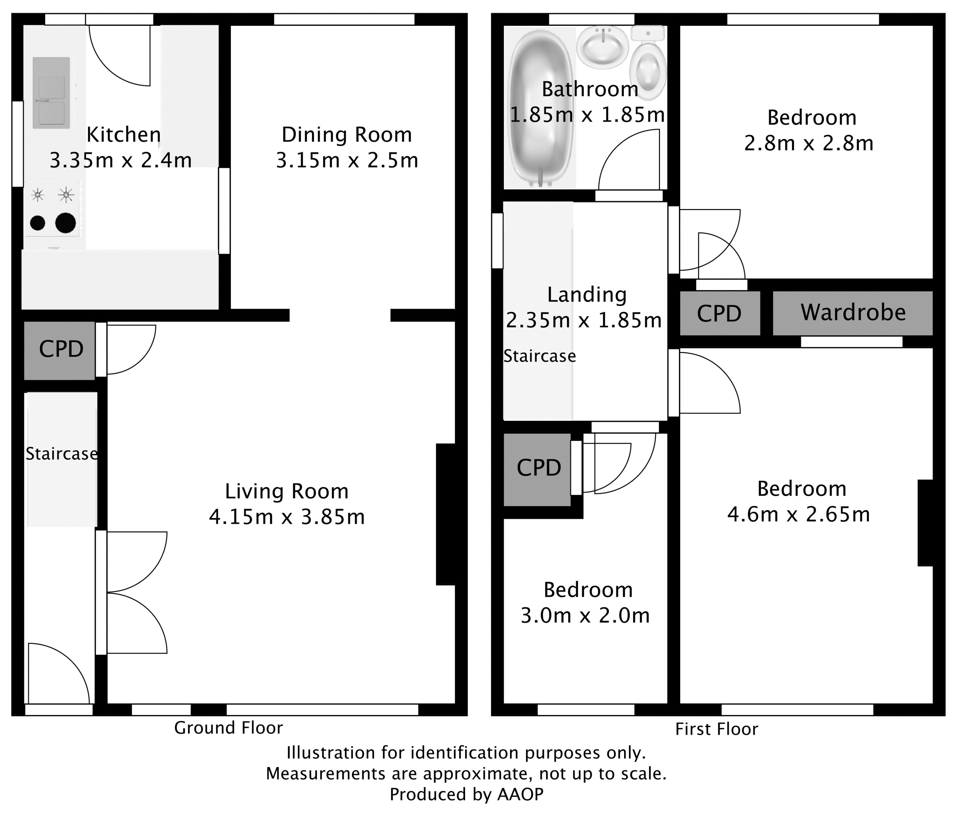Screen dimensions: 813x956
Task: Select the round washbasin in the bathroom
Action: pyautogui.click(x=602, y=47)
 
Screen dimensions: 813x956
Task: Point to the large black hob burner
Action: pyautogui.click(x=65, y=223)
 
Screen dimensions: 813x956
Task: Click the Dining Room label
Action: pyautogui.click(x=346, y=135)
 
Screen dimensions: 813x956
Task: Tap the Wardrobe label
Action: pyautogui.click(x=853, y=313)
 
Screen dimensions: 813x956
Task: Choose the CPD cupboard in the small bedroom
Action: pyautogui.click(x=538, y=468)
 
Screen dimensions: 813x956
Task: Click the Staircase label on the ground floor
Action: pyautogui.click(x=61, y=454)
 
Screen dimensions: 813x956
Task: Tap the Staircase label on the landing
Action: pyautogui.click(x=539, y=356)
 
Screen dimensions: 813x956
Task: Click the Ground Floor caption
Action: pyautogui.click(x=228, y=728)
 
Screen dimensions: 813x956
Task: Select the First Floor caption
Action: pyautogui.click(x=716, y=729)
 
